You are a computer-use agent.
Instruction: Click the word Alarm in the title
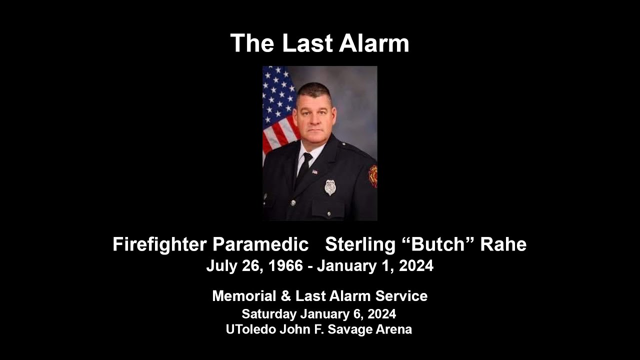(374, 43)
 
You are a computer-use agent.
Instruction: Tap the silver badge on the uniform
(330, 187)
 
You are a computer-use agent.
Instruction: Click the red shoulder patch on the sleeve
(372, 176)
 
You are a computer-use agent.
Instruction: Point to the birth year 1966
(285, 266)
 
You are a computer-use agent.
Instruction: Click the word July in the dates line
(220, 266)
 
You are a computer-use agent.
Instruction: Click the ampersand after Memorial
(285, 296)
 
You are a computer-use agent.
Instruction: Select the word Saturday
(269, 314)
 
